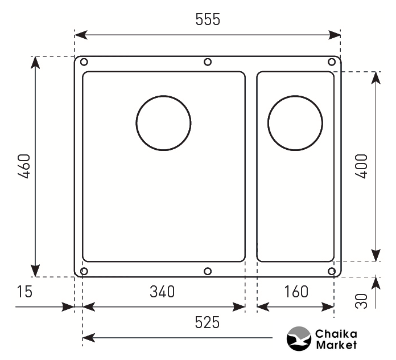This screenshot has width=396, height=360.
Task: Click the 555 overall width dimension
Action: [x=208, y=19]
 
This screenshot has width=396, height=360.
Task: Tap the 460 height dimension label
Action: [x=25, y=166]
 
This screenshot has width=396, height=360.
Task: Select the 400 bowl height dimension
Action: [x=361, y=166]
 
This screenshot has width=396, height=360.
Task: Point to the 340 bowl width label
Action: [x=162, y=292]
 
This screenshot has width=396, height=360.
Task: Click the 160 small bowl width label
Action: [x=296, y=292]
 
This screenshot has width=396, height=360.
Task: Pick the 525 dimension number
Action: [x=207, y=322]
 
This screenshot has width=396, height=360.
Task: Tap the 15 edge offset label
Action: [x=24, y=292]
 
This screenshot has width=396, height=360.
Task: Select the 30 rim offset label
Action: [x=361, y=301]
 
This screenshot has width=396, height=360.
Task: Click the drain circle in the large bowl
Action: [x=163, y=96]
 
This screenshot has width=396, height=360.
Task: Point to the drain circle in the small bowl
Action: [x=295, y=96]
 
